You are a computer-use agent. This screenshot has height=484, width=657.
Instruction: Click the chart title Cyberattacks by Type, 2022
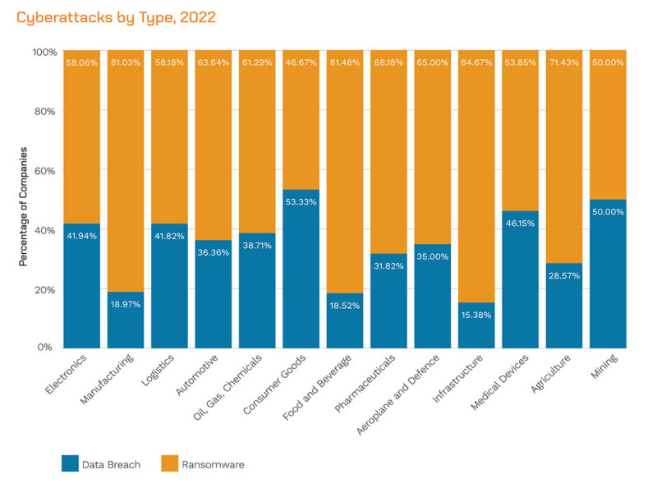pyautogui.click(x=116, y=16)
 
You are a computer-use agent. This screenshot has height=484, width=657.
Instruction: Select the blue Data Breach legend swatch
pyautogui.click(x=71, y=463)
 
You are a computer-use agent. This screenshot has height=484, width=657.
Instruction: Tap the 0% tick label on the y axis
pyautogui.click(x=47, y=348)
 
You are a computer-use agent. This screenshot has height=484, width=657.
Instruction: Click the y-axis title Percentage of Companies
pyautogui.click(x=24, y=206)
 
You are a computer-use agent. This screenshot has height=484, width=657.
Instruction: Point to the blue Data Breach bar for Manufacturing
pyautogui.click(x=126, y=320)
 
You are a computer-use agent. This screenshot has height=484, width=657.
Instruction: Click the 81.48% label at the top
pyautogui.click(x=345, y=62)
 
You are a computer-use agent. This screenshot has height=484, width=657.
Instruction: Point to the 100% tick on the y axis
pyautogui.click(x=44, y=52)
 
